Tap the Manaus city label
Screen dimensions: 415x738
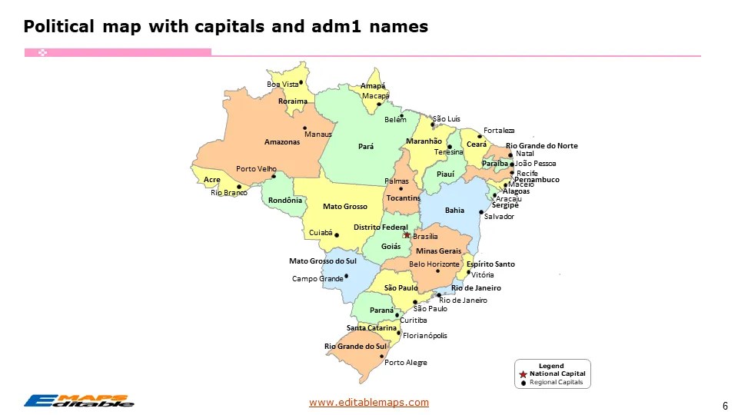317,134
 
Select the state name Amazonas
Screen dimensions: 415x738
281,142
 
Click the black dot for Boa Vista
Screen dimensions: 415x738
301,82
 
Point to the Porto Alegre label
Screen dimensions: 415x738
405,362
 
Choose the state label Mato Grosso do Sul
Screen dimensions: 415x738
323,261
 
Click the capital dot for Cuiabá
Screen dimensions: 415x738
337,235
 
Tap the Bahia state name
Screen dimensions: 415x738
454,210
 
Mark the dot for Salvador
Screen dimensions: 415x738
481,212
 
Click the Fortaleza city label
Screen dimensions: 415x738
499,131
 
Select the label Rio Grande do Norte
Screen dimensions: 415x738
541,146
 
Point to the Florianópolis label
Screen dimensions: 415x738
424,335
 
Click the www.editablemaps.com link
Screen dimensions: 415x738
369,402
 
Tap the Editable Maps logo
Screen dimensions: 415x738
78,400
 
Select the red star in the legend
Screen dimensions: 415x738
523,373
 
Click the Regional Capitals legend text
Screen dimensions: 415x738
557,382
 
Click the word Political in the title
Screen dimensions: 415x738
58,28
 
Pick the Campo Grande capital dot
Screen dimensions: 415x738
346,276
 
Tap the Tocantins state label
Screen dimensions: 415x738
403,198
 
